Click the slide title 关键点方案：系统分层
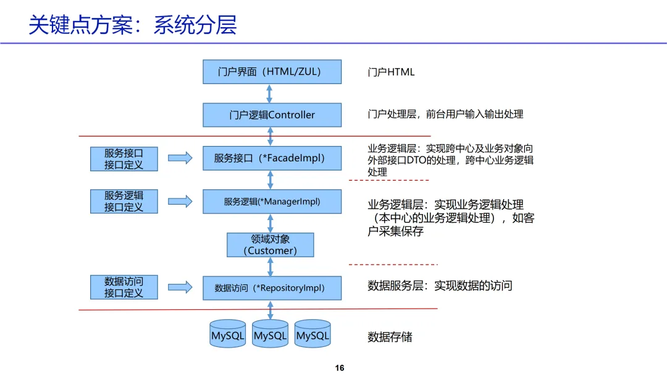pyautogui.click(x=132, y=25)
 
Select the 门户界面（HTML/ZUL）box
pyautogui.click(x=272, y=72)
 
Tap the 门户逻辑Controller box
pyautogui.click(x=272, y=115)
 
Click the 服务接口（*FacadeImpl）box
pyautogui.click(x=272, y=158)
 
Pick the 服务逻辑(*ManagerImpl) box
pyautogui.click(x=272, y=202)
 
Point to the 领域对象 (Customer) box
pyautogui.click(x=270, y=245)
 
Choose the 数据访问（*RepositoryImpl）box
pyautogui.click(x=272, y=288)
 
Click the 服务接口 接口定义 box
pyautogui.click(x=124, y=159)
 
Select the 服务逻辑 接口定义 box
pyautogui.click(x=124, y=202)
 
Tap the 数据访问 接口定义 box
pyautogui.click(x=124, y=288)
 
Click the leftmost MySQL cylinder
pyautogui.click(x=227, y=334)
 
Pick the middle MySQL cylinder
pyautogui.click(x=270, y=334)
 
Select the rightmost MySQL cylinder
pyautogui.click(x=313, y=334)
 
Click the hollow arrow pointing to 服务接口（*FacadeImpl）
pyautogui.click(x=180, y=158)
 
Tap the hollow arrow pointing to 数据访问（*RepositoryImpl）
pyautogui.click(x=180, y=288)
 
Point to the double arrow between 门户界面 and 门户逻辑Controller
pyautogui.click(x=269, y=93)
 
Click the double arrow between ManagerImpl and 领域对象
pyautogui.click(x=270, y=223)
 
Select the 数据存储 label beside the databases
pyautogui.click(x=390, y=337)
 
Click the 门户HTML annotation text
pyautogui.click(x=391, y=72)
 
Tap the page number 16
pyautogui.click(x=340, y=368)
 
